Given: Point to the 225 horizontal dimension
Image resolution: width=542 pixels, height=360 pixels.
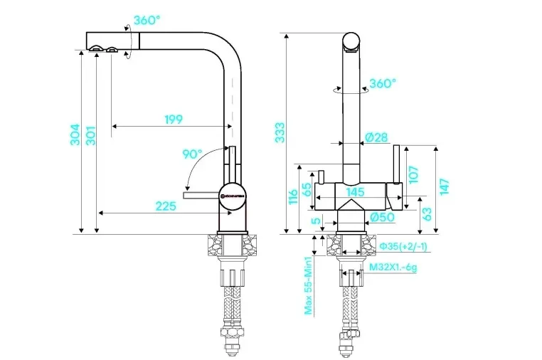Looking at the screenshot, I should pyautogui.click(x=165, y=206).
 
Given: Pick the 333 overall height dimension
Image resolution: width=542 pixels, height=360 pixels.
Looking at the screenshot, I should pyautogui.click(x=280, y=132).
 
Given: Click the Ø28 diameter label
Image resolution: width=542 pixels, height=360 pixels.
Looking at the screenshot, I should pyautogui.click(x=376, y=137).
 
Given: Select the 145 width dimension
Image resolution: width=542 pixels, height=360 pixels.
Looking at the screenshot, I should pyautogui.click(x=356, y=191).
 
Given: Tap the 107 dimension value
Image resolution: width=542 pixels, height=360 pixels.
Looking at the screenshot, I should pyautogui.click(x=413, y=174).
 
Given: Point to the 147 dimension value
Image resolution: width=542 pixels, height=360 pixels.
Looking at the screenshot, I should pyautogui.click(x=445, y=186).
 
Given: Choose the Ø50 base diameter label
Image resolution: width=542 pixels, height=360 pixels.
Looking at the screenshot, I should pyautogui.click(x=383, y=218).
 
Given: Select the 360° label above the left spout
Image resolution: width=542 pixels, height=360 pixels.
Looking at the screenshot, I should pyautogui.click(x=145, y=21).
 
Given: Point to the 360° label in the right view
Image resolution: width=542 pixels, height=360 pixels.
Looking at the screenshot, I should pyautogui.click(x=382, y=83).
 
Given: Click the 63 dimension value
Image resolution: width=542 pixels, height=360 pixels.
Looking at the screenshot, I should pyautogui.click(x=427, y=213).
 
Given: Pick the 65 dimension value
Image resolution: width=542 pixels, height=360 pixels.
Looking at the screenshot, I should pyautogui.click(x=307, y=190).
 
